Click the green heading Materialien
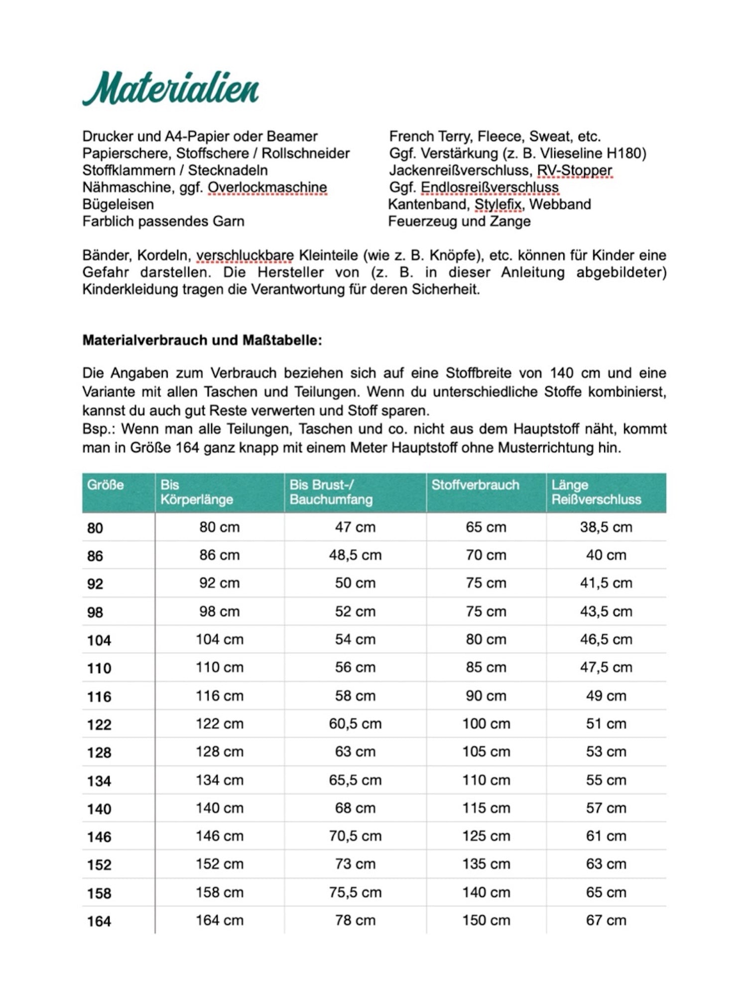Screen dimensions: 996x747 pyautogui.click(x=170, y=89)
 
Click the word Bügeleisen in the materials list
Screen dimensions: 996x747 pyautogui.click(x=118, y=204)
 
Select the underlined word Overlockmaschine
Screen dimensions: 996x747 pyautogui.click(x=267, y=187)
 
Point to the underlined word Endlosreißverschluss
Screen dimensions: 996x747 pyautogui.click(x=490, y=187)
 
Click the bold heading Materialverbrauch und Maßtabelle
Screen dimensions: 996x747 pyautogui.click(x=202, y=340)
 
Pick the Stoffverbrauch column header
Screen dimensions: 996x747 pyautogui.click(x=475, y=485)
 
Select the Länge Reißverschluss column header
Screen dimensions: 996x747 pyautogui.click(x=596, y=492)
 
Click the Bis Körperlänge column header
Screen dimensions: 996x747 pyautogui.click(x=197, y=492)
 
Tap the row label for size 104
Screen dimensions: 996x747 pyautogui.click(x=99, y=640)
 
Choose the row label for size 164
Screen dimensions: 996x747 pyautogui.click(x=99, y=921)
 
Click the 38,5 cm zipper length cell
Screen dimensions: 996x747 pyautogui.click(x=606, y=527)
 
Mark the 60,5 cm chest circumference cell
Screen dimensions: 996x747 pyautogui.click(x=355, y=724)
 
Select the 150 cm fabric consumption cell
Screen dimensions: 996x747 pyautogui.click(x=486, y=920)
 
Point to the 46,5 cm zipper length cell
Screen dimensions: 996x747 pyautogui.click(x=606, y=639)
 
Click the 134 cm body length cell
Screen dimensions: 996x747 pyautogui.click(x=220, y=780)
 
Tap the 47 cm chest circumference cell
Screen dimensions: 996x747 pyautogui.click(x=355, y=527)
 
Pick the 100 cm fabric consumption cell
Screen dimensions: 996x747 pyautogui.click(x=486, y=724)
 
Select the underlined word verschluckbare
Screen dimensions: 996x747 pyautogui.click(x=245, y=255)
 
